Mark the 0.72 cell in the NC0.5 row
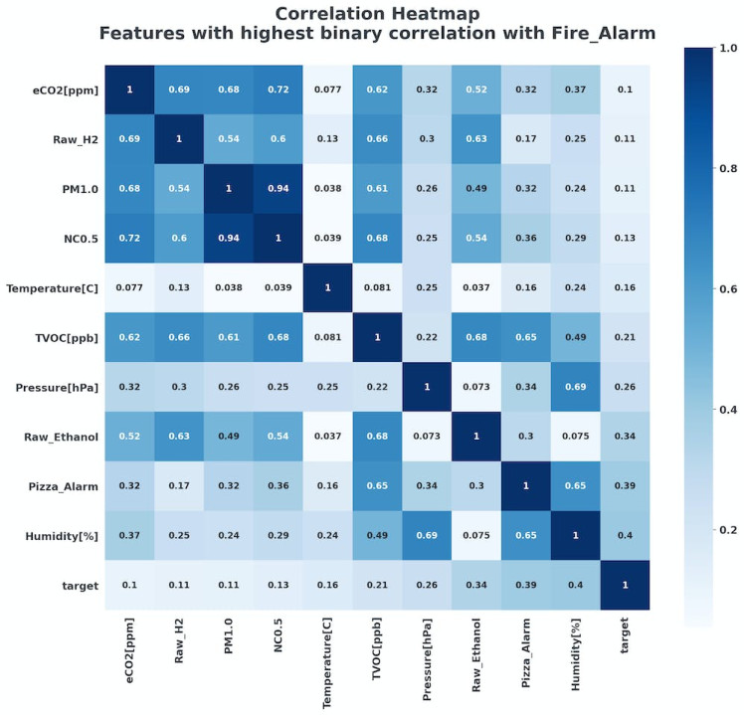coord(129,237)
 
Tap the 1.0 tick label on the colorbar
coord(728,47)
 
